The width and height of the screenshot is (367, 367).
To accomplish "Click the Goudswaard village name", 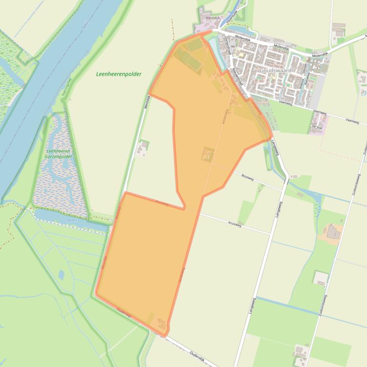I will [275, 70].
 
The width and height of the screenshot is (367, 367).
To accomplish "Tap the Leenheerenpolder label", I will [118, 74].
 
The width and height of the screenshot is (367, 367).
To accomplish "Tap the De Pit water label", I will [72, 221].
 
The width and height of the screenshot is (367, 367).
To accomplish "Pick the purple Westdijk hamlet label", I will [212, 18].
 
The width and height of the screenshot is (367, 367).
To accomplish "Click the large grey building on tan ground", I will [333, 233].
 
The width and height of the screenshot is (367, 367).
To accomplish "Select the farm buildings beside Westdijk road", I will [142, 148].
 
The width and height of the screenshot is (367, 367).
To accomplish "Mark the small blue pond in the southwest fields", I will [62, 274].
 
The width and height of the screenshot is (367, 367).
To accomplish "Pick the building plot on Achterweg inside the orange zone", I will [208, 154].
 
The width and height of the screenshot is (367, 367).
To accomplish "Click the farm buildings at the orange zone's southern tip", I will [161, 325].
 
